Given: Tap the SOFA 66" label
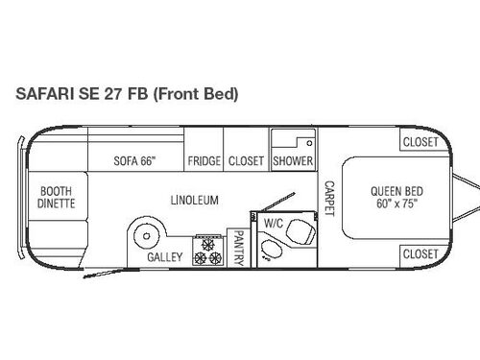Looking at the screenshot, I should pos(134,161).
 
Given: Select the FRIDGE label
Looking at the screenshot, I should pos(204,161).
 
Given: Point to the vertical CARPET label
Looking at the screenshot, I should pos(328,199).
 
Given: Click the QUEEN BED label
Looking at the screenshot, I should pos(396,190).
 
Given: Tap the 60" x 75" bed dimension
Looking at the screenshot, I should pos(396,204).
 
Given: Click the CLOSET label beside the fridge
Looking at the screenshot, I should pos(246,161).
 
